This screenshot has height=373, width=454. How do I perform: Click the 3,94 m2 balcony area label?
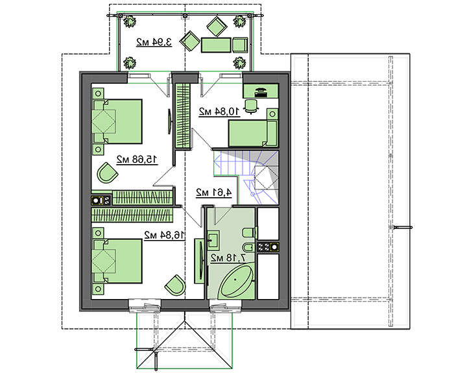(x=154, y=42)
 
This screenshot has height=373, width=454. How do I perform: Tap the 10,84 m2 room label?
(x=219, y=111)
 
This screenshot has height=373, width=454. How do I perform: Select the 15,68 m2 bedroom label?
(x=137, y=160)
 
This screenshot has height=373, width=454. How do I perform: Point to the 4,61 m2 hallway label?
(x=214, y=192)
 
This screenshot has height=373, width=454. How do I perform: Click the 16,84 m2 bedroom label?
(x=164, y=235)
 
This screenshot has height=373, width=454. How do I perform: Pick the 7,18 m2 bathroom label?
(x=228, y=258)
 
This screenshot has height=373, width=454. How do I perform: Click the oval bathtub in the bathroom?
(x=235, y=280)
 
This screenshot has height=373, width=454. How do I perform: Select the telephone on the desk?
(x=261, y=91)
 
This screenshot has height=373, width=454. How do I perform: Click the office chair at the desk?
(x=251, y=106)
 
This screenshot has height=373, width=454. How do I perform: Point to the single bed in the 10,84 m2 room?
(x=254, y=128)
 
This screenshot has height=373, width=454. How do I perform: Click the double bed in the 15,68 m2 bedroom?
(x=117, y=121)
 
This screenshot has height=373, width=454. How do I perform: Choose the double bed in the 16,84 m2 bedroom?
(x=117, y=261)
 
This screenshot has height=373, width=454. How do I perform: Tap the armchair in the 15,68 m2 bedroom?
(x=107, y=173)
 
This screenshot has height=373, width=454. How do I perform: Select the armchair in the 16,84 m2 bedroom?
(x=175, y=285)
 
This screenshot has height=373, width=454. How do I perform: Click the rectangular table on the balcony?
(x=216, y=45)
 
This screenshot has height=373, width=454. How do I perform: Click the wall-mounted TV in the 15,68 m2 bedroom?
(x=170, y=121)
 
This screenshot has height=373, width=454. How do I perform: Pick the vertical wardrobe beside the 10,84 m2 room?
(x=183, y=115)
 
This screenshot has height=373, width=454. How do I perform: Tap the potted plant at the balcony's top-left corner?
(x=130, y=21)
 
